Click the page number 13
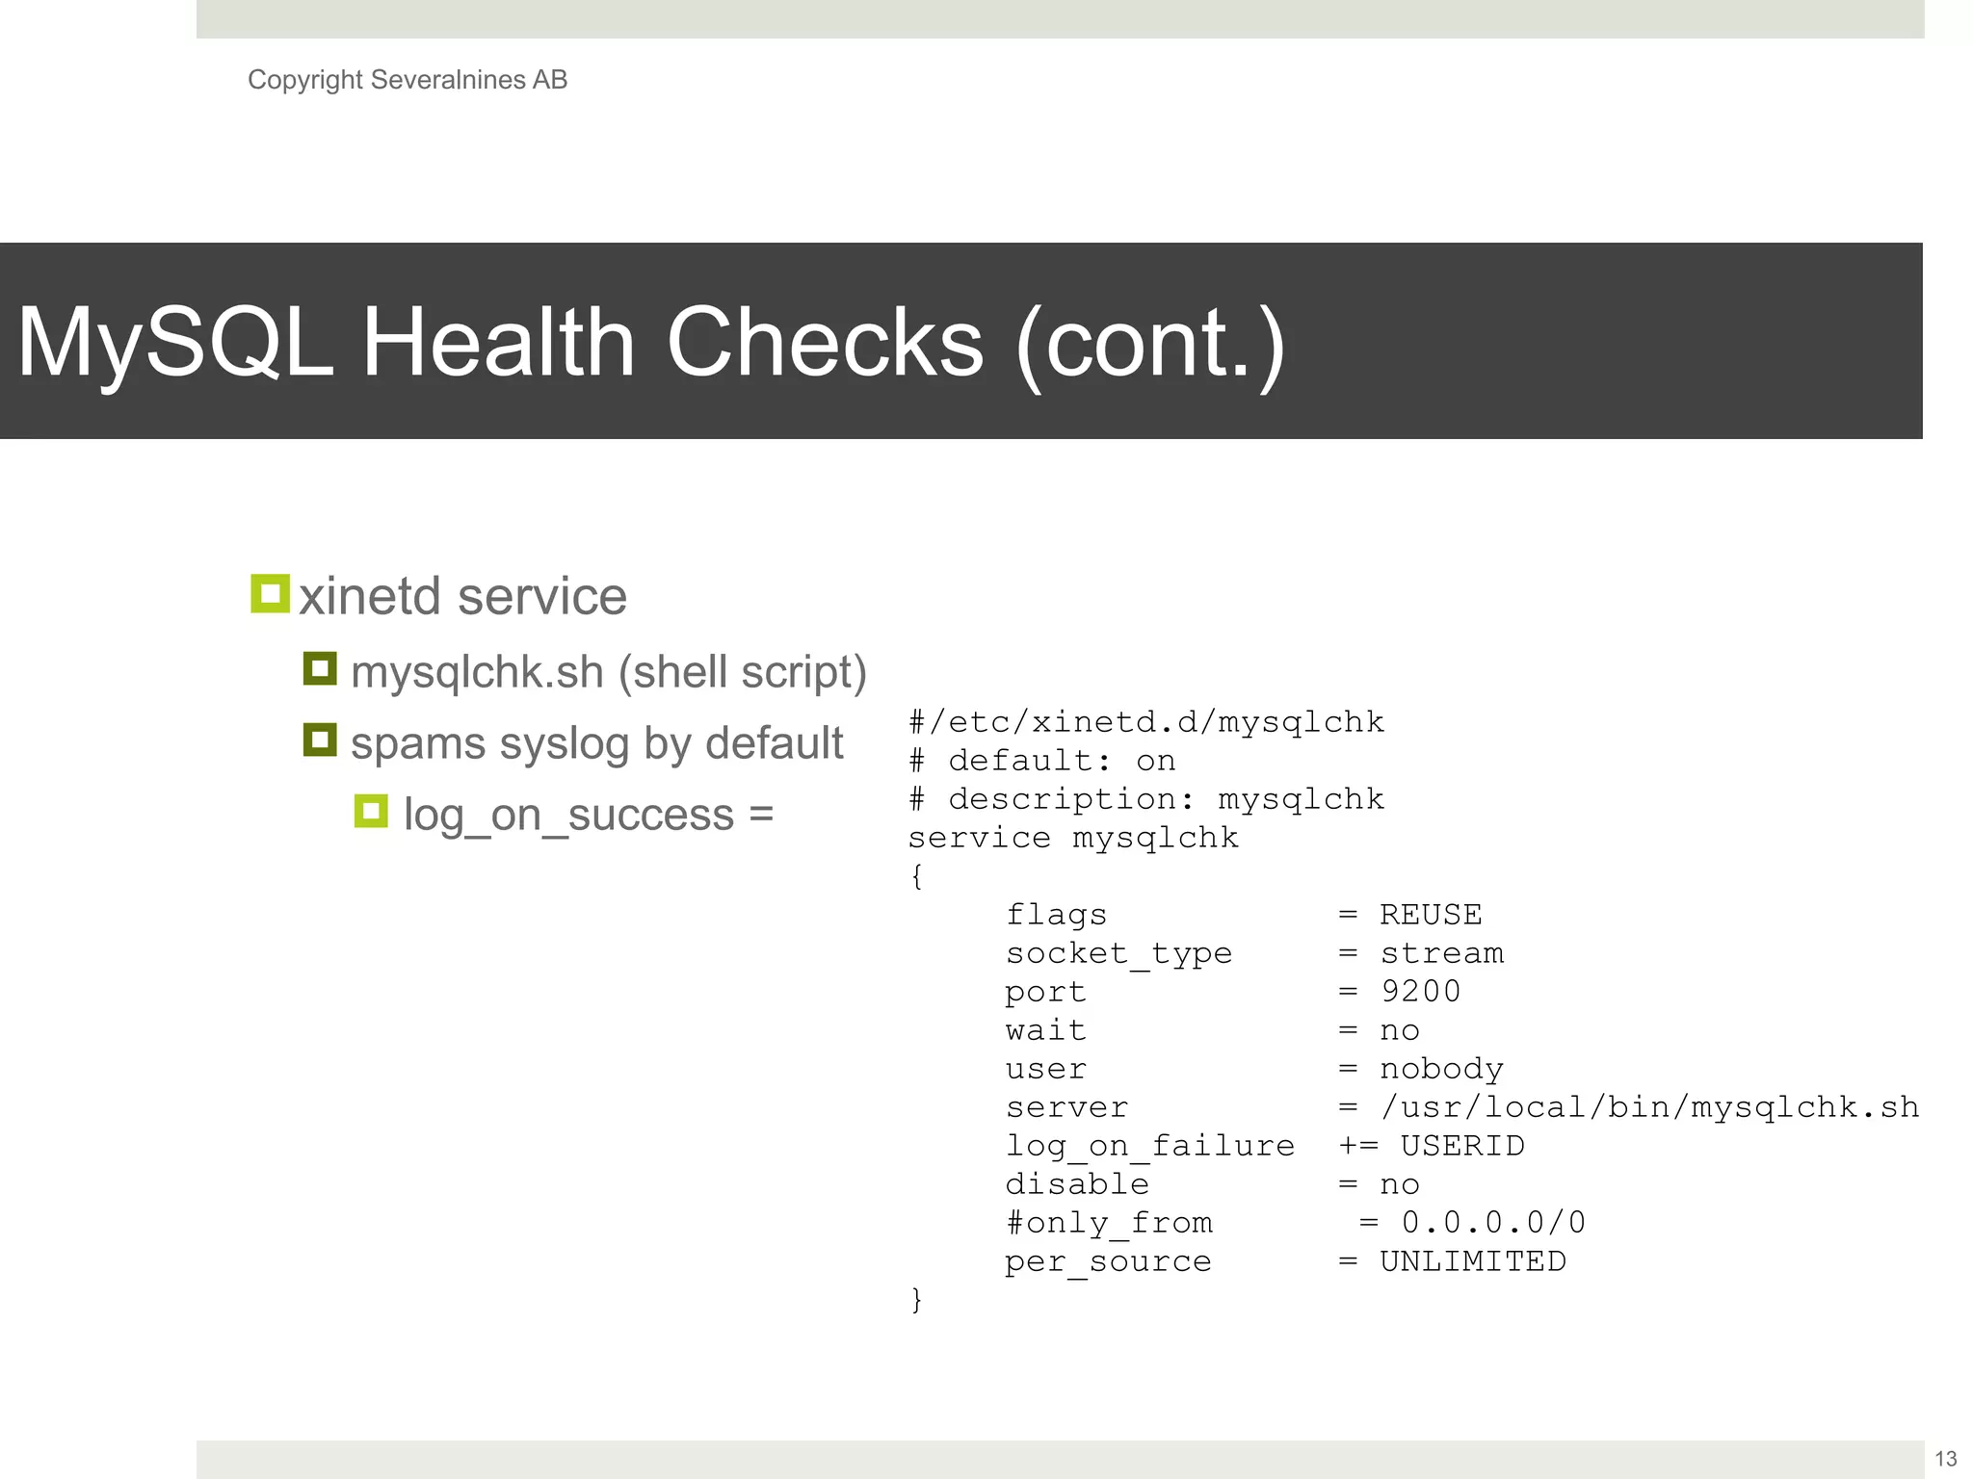tap(1945, 1459)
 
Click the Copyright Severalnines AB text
tap(407, 80)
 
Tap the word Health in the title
tap(497, 342)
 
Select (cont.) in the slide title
tap(1150, 344)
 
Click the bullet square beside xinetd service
tap(270, 594)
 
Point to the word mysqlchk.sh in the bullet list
tap(477, 672)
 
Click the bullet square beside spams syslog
tap(320, 740)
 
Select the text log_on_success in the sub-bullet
tap(568, 816)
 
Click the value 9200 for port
tap(1420, 992)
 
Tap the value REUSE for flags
tap(1431, 915)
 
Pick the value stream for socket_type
tap(1441, 953)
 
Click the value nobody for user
tap(1441, 1069)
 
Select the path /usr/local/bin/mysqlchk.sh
tap(1649, 1107)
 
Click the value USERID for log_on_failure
tap(1461, 1146)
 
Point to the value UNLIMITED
tap(1472, 1261)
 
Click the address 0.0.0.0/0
tap(1493, 1223)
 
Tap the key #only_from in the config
tap(1109, 1223)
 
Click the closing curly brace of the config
tap(916, 1300)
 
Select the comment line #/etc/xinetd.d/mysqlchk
tap(1146, 722)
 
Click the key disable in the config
tap(1077, 1184)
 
